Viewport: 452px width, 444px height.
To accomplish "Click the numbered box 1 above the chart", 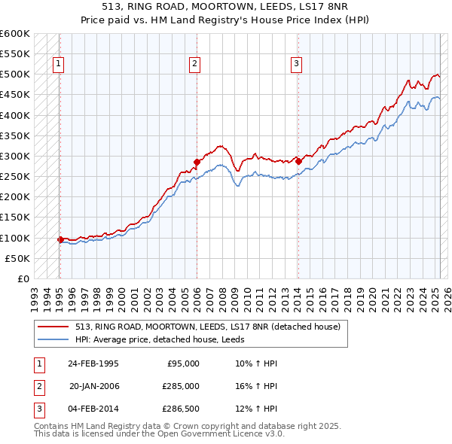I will (59, 65).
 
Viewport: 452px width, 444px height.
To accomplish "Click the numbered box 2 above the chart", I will (194, 65).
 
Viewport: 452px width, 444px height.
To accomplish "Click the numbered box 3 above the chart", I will (297, 65).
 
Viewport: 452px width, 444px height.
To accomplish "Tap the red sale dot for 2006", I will (197, 162).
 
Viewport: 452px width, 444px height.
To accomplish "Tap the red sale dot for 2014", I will (298, 161).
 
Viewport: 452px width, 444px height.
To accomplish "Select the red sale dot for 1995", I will (60, 239).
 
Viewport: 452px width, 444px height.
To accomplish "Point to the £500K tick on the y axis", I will (15, 75).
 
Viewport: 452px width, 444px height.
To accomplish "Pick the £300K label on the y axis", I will (15, 157).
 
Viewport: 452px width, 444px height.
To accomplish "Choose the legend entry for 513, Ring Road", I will (208, 327).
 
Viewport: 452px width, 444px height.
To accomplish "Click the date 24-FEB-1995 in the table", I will (93, 363).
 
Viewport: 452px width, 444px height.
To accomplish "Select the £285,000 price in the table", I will (181, 386).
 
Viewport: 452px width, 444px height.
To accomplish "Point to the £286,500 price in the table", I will (181, 409).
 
